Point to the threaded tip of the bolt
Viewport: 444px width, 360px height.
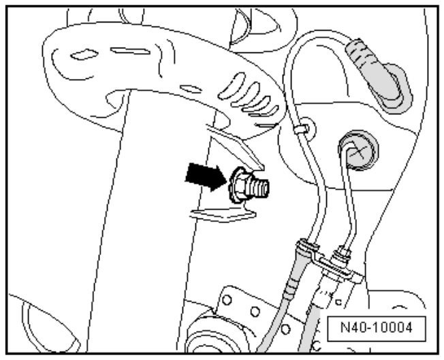(x=263, y=184)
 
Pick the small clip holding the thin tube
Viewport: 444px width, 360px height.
(x=299, y=127)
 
